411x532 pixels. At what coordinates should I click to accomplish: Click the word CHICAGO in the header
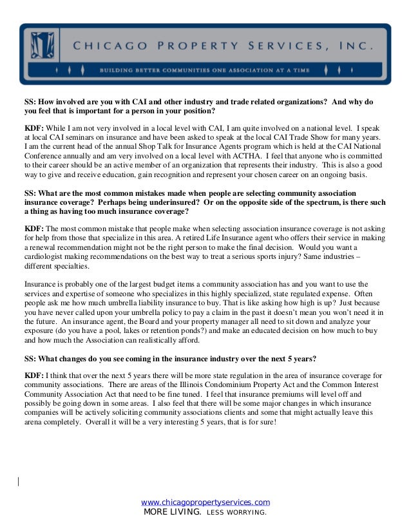pyautogui.click(x=104, y=46)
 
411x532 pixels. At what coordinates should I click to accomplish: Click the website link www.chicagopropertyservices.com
pyautogui.click(x=205, y=502)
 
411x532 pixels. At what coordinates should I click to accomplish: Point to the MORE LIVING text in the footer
pyautogui.click(x=172, y=513)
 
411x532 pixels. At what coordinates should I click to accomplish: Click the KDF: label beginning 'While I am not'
pyautogui.click(x=33, y=128)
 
